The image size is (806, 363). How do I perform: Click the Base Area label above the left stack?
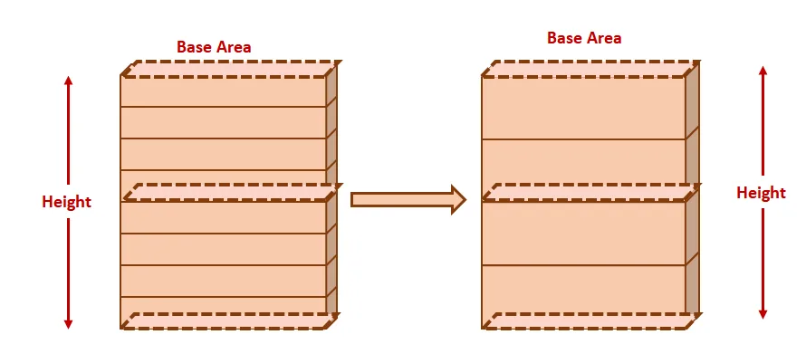pyautogui.click(x=214, y=47)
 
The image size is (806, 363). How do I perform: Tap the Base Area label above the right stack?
pyautogui.click(x=584, y=38)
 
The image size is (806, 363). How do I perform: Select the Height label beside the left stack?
pyautogui.click(x=66, y=202)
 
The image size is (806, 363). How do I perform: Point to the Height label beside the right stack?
pyautogui.click(x=761, y=193)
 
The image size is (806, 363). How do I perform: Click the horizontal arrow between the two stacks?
pyautogui.click(x=408, y=199)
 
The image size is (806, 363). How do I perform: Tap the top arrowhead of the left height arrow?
pyautogui.click(x=68, y=81)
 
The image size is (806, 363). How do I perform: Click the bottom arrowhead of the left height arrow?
pyautogui.click(x=68, y=322)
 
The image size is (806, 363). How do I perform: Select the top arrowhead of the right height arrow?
pyautogui.click(x=763, y=72)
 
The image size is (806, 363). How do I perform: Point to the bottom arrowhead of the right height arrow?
pyautogui.click(x=763, y=313)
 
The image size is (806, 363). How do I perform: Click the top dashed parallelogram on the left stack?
pyautogui.click(x=231, y=70)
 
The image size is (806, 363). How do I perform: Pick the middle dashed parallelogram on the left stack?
pyautogui.click(x=231, y=192)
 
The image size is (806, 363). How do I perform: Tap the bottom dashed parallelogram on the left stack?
pyautogui.click(x=231, y=320)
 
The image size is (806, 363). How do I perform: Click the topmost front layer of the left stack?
pyautogui.click(x=223, y=92)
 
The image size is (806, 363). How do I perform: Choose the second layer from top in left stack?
pyautogui.click(x=223, y=123)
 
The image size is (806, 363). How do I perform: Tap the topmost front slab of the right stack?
pyautogui.click(x=583, y=109)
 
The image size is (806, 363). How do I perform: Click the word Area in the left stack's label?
pyautogui.click(x=233, y=47)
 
